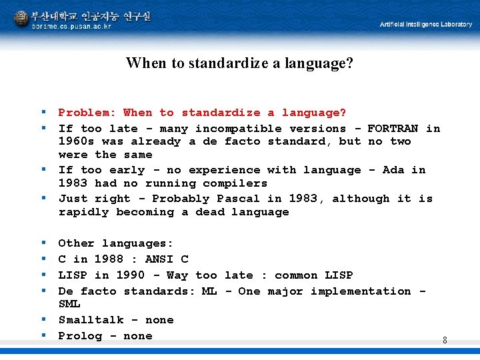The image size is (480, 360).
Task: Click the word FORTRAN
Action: pyautogui.click(x=393, y=128)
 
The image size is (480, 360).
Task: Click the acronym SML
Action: pyautogui.click(x=69, y=304)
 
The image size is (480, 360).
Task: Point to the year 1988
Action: pyautogui.click(x=109, y=259)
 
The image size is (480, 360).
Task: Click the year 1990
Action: pyautogui.click(x=130, y=275)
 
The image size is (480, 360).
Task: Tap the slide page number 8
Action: pyautogui.click(x=445, y=340)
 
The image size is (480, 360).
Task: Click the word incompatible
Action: pyautogui.click(x=238, y=128)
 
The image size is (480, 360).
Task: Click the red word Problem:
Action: pyautogui.click(x=87, y=113)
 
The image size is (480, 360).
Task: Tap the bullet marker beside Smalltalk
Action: pyautogui.click(x=43, y=320)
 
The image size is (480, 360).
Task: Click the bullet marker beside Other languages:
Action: pyautogui.click(x=43, y=243)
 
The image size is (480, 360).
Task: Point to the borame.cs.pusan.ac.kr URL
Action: pyautogui.click(x=72, y=26)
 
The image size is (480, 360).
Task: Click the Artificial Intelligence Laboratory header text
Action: pyautogui.click(x=425, y=24)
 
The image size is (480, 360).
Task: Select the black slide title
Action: pyautogui.click(x=239, y=63)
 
